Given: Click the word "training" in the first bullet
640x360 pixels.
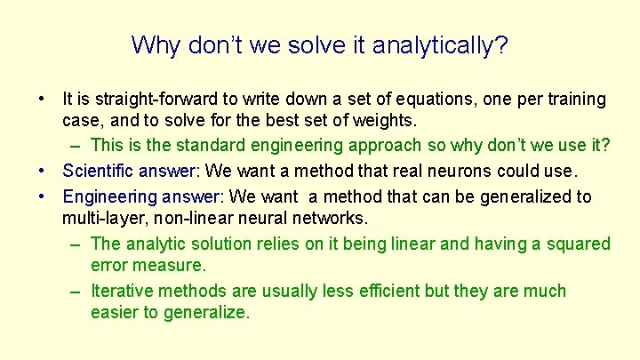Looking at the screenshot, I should tap(574, 99).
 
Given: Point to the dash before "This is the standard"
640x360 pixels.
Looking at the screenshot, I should tap(74, 146).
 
